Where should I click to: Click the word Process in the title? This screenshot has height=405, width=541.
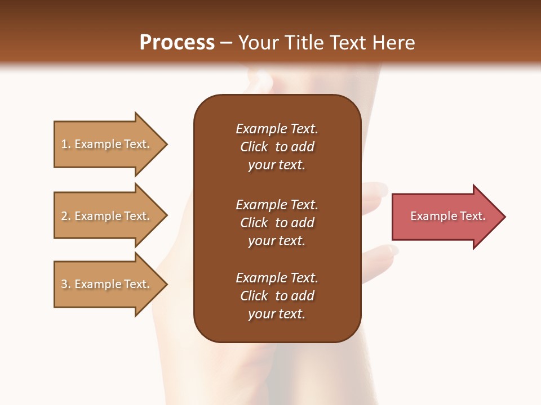coord(177,43)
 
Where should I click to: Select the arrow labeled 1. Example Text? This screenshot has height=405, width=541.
coord(107,144)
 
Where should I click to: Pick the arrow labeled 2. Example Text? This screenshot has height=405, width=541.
coord(107,216)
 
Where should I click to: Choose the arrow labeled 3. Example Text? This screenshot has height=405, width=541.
coord(107,284)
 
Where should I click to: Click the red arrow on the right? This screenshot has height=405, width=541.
coord(445,217)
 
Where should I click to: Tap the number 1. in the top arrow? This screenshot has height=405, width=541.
coord(66,144)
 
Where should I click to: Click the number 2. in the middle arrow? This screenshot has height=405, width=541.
coord(66,216)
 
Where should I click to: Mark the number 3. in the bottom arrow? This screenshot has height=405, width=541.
coord(66,284)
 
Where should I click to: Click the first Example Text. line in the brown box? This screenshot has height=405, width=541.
coord(277,129)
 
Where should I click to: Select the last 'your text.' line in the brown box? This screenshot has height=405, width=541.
coord(277,314)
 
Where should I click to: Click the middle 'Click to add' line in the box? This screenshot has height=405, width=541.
coord(277,223)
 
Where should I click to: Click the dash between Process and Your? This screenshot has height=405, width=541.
coord(227,43)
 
